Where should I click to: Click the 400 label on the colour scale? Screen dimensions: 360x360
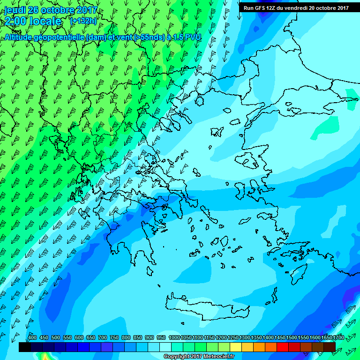pos(32,337)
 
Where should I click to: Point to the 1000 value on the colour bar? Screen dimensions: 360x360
pos(174,337)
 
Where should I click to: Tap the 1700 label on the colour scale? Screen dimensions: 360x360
pos(338,337)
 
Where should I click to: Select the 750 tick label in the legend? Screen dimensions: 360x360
pos(114,337)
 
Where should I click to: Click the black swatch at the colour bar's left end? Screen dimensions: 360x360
pos(25,347)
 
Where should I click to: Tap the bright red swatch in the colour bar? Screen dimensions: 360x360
pos(283,347)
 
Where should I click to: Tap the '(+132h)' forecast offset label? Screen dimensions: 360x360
pos(83,21)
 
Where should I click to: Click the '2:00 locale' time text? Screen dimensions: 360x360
pos(33,21)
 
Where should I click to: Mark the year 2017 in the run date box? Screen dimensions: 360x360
pos(341,7)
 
